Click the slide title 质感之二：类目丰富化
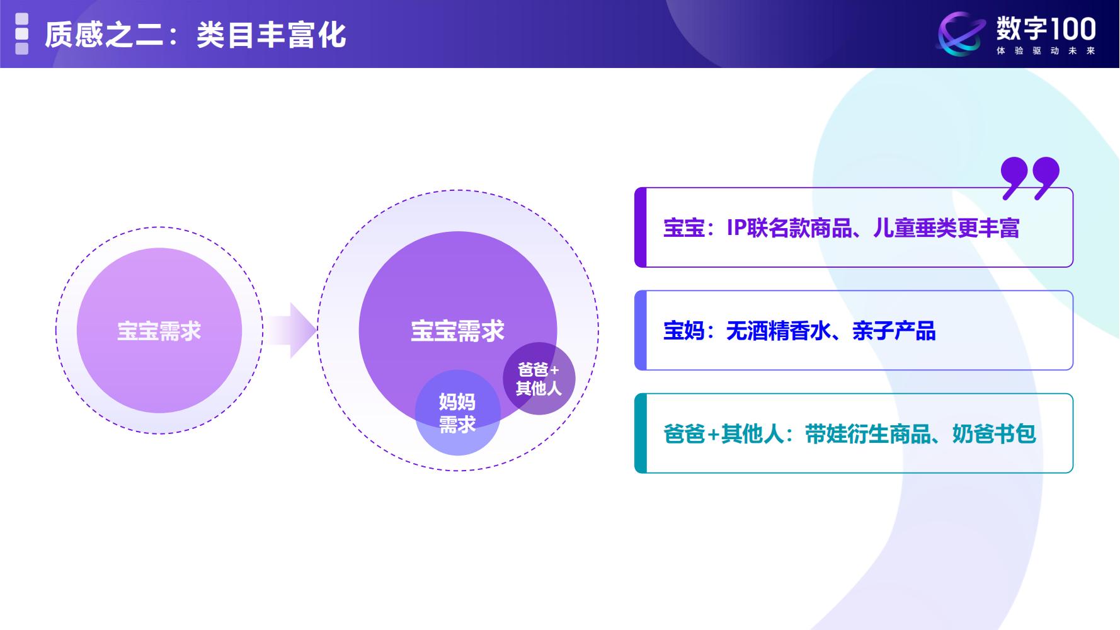click(195, 35)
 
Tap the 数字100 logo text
click(1046, 28)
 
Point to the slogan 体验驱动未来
click(1046, 51)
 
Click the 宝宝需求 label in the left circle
click(159, 331)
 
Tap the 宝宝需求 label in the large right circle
click(457, 331)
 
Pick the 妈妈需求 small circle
click(457, 413)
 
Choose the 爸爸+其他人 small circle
click(539, 379)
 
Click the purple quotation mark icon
click(1030, 178)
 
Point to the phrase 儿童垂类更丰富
click(946, 228)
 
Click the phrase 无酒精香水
click(779, 331)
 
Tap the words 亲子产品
click(894, 331)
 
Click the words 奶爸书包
click(994, 434)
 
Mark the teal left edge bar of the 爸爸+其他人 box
click(641, 433)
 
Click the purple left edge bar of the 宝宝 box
click(641, 227)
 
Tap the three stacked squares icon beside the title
click(22, 34)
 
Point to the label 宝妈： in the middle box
click(689, 331)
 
